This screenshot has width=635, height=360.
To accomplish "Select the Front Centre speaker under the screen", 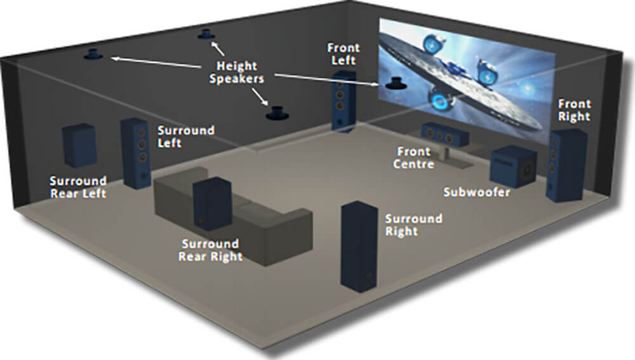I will (444, 133).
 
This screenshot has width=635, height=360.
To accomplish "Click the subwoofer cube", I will (515, 166).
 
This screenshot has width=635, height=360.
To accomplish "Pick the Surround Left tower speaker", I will (136, 153).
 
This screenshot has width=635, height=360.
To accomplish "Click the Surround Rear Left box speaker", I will (79, 145).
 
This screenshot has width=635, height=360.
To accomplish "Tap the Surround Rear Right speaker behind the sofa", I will (211, 203).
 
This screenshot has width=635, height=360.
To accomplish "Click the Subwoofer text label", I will (477, 191).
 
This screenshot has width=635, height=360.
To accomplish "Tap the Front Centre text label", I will (413, 157).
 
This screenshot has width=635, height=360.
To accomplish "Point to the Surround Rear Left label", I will (79, 187).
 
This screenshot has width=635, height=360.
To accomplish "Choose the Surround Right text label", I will (413, 224).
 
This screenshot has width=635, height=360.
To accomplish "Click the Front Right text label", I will (574, 110).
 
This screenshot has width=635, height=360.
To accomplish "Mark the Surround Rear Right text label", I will (210, 250).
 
